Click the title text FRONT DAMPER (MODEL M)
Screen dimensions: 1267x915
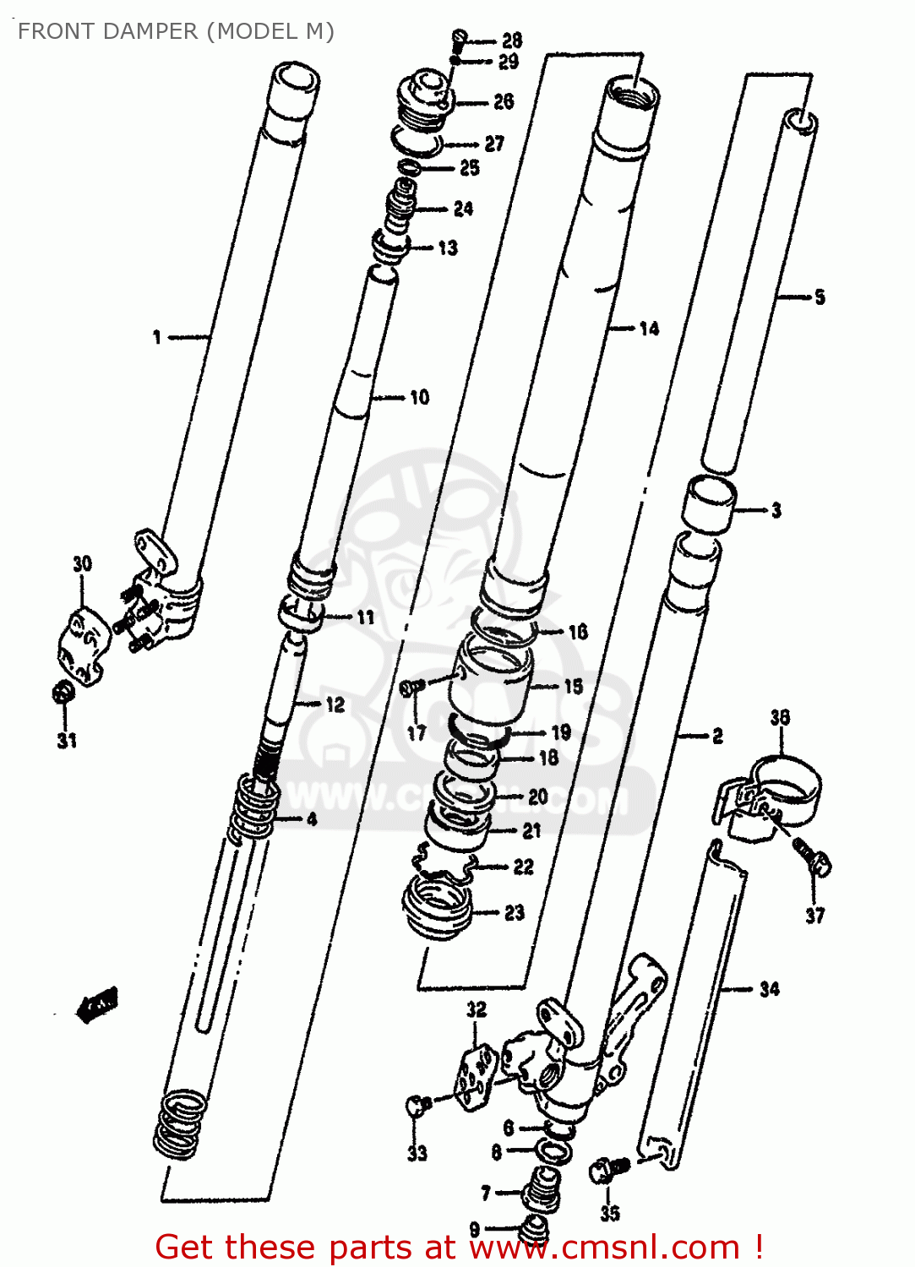pyautogui.click(x=176, y=31)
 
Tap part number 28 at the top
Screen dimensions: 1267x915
pyautogui.click(x=512, y=40)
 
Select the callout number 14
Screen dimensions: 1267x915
pyautogui.click(x=649, y=329)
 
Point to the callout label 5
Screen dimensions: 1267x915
pyautogui.click(x=820, y=297)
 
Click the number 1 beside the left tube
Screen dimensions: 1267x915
pyautogui.click(x=157, y=338)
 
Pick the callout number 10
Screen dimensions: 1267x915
pyautogui.click(x=419, y=397)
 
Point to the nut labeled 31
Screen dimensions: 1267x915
pyautogui.click(x=63, y=693)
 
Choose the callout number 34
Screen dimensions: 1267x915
pyautogui.click(x=769, y=989)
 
